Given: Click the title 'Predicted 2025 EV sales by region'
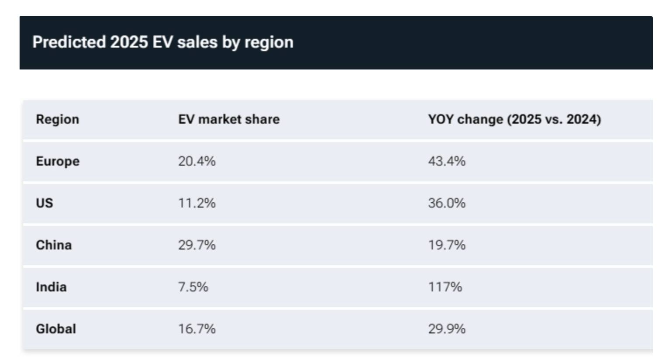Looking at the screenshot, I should coord(163,42).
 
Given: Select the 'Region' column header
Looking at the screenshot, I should coord(58,119).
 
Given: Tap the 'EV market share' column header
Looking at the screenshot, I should coord(229,119).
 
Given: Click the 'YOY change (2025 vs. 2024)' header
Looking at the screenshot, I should coord(514,119).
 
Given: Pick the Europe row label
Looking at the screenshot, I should coord(58,161).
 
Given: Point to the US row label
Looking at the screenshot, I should coord(45,203).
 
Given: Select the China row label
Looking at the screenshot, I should coord(54,245).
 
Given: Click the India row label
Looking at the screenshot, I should coord(51,287).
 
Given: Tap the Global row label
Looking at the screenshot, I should coord(56,329).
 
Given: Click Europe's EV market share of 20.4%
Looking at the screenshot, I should coord(197,161).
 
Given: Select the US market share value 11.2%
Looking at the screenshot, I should coord(197,203).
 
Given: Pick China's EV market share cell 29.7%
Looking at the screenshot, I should coord(197,245).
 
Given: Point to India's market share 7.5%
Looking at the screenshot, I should coord(193,287).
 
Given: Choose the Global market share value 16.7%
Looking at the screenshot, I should coord(197,329).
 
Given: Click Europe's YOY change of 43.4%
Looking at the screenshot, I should coord(447,161).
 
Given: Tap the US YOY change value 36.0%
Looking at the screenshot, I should coord(447,203).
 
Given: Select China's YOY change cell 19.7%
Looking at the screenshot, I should coord(447,245).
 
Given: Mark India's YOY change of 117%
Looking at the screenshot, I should coord(445,287).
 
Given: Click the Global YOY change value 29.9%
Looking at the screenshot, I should coord(447,329).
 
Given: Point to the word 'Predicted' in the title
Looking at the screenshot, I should coord(69,42).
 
